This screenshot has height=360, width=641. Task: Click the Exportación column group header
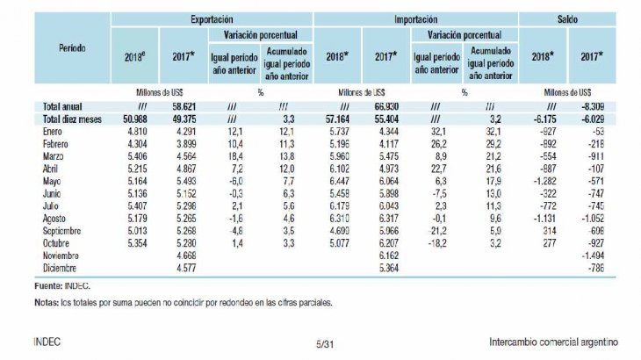[x=211, y=18]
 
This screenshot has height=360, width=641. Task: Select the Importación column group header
[x=415, y=18]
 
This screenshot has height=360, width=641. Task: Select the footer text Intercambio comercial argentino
[x=553, y=342]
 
